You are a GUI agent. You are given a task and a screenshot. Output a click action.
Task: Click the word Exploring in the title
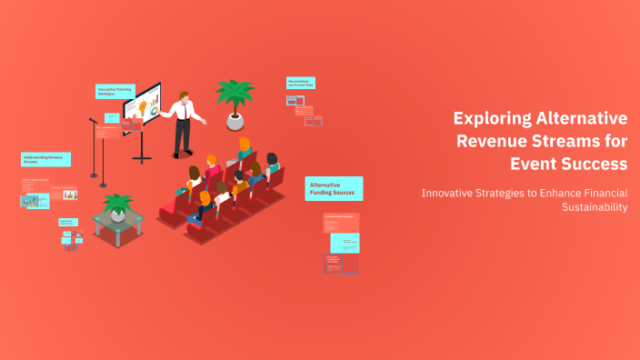coord(491,118)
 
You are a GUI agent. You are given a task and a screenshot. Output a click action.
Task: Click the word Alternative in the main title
coord(583,118)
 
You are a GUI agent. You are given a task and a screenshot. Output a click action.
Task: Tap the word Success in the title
coord(595,164)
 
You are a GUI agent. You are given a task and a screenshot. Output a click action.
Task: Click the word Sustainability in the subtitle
coord(591,207)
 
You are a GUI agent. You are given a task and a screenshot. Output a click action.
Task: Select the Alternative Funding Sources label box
coord(334,188)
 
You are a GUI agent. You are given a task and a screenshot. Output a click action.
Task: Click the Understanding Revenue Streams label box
coord(45,159)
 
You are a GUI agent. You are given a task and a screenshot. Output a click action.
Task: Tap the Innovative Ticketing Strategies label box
coord(115,91)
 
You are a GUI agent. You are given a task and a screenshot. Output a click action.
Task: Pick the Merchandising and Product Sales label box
coord(300,84)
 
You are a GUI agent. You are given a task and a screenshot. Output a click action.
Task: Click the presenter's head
coord(185,95)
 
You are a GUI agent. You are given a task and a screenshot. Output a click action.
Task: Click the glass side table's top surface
coord(118,221)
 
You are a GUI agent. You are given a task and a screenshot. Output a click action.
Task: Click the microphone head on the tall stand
coord(93,120)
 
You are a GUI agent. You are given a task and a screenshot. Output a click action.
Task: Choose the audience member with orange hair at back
coord(245,144)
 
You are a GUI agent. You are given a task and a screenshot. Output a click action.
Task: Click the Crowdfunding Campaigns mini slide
coord(342,219)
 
